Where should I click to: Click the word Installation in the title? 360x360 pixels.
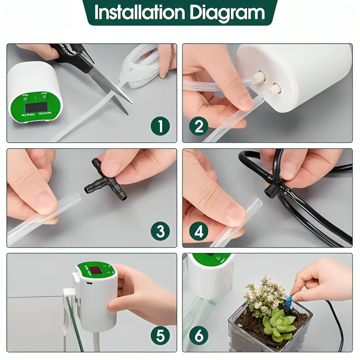(139, 13)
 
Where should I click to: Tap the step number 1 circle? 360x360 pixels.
(160, 126)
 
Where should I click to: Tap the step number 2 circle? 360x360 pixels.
(198, 126)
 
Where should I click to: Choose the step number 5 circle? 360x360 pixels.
(160, 336)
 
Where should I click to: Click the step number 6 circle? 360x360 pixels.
(198, 336)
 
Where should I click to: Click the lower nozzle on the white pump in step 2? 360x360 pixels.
(276, 88)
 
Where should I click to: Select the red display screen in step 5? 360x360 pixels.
(96, 271)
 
